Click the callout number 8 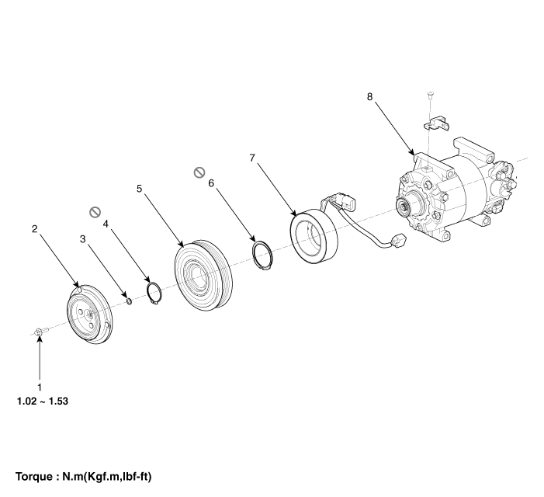369,97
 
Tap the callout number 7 252,158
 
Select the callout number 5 140,189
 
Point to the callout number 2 34,229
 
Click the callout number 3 82,239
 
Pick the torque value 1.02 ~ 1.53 43,401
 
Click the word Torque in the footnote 33,477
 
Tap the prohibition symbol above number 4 95,212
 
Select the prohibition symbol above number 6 199,172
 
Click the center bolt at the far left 40,332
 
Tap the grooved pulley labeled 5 203,275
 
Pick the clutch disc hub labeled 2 88,314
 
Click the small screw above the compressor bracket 431,95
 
